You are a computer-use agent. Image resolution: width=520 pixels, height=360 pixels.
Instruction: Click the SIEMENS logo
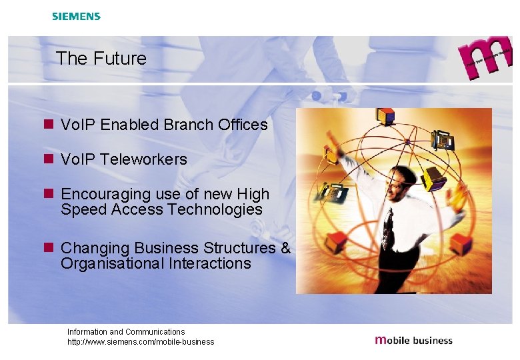(x=76, y=16)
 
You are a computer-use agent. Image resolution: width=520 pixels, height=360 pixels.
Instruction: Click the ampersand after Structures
(x=285, y=248)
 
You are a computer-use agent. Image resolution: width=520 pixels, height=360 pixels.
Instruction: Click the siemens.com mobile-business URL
(x=141, y=342)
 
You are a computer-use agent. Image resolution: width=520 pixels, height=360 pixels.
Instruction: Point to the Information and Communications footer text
(x=126, y=331)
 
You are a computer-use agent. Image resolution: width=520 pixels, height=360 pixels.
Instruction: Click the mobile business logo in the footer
(x=413, y=340)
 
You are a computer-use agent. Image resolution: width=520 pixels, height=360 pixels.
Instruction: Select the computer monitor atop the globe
(x=385, y=116)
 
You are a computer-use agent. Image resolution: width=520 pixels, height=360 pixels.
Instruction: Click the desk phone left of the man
(x=333, y=193)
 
